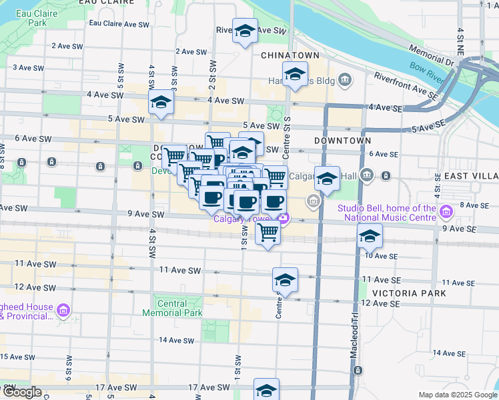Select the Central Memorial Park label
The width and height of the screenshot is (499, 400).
coord(172,308)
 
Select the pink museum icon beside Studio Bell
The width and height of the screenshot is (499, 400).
coord(446,213)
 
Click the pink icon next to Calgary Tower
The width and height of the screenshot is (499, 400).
coord(285,218)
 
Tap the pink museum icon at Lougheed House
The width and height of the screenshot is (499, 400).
coord(64,310)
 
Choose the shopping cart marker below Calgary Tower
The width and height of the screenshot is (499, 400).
coord(268,232)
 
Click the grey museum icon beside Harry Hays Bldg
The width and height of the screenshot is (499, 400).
coord(344,81)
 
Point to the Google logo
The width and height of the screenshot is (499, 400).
coord(21,393)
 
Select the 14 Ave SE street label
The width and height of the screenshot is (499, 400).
coord(448,353)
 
